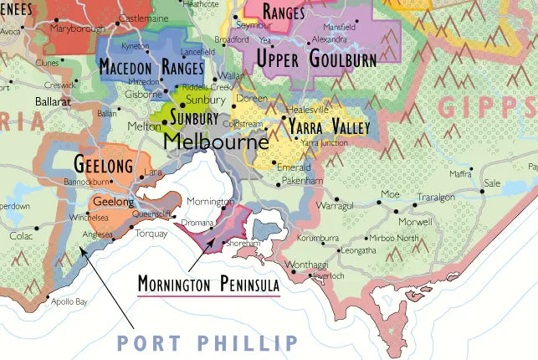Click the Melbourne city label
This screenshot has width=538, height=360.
coord(216,142)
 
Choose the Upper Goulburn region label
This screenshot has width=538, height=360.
coord(315,58)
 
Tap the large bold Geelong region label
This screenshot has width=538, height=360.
coord(105,162)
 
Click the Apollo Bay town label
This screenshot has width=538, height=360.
coord(69,301)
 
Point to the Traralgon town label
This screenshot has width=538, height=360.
coord(436,198)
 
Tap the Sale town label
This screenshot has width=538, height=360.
coord(492,183)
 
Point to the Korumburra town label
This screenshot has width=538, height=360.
coord(318,238)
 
